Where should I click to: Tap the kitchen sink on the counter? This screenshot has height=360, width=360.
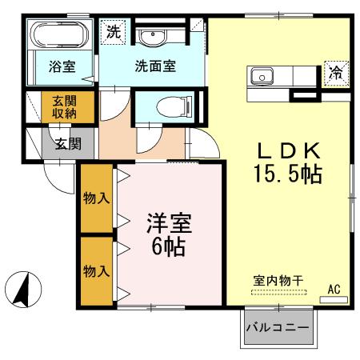pyautogui.click(x=262, y=77)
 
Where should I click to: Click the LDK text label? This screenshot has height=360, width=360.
pyautogui.click(x=288, y=150)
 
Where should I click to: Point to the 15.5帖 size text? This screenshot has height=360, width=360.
pyautogui.click(x=288, y=174)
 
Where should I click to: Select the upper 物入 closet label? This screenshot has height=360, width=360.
pyautogui.click(x=95, y=198)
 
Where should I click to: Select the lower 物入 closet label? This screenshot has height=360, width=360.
pyautogui.click(x=95, y=270)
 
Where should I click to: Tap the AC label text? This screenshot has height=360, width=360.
pyautogui.click(x=334, y=289)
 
